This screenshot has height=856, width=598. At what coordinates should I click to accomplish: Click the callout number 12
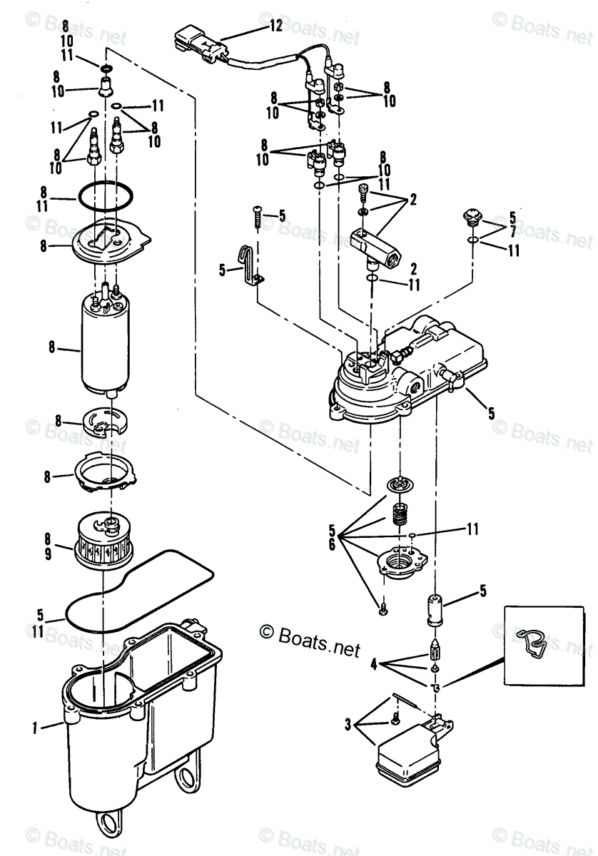click(x=275, y=25)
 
